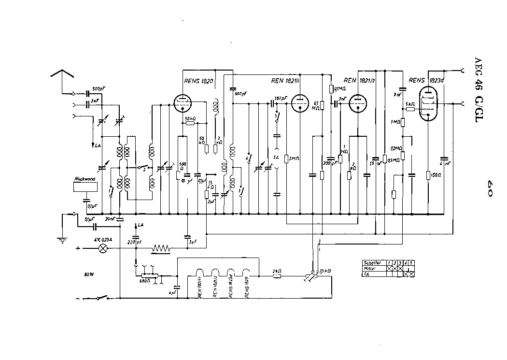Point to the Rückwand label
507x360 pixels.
(x=85, y=179)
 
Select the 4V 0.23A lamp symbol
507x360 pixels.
(x=102, y=249)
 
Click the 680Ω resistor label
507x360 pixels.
(x=144, y=280)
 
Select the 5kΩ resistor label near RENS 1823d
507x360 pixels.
(x=410, y=103)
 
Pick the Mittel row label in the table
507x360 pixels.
(x=368, y=269)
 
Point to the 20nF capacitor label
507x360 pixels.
(x=110, y=219)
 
